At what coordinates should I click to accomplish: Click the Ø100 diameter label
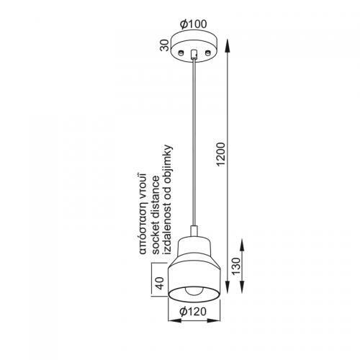(194, 24)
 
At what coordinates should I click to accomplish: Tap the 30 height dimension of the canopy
(165, 45)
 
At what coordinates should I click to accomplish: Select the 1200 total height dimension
(221, 154)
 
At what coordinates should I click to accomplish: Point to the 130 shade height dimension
(236, 266)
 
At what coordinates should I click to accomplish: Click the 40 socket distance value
(159, 283)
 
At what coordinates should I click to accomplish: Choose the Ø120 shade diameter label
(193, 312)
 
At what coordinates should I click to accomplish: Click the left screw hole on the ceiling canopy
(181, 52)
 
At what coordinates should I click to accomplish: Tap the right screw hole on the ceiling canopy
(208, 52)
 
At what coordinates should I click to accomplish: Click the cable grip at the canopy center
(194, 54)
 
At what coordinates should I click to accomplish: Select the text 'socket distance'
(156, 215)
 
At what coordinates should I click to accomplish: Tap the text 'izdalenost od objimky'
(168, 199)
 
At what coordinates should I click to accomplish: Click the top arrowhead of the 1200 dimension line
(227, 45)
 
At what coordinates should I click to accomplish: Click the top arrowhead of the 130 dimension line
(243, 244)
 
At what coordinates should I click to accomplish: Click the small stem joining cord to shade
(194, 231)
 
